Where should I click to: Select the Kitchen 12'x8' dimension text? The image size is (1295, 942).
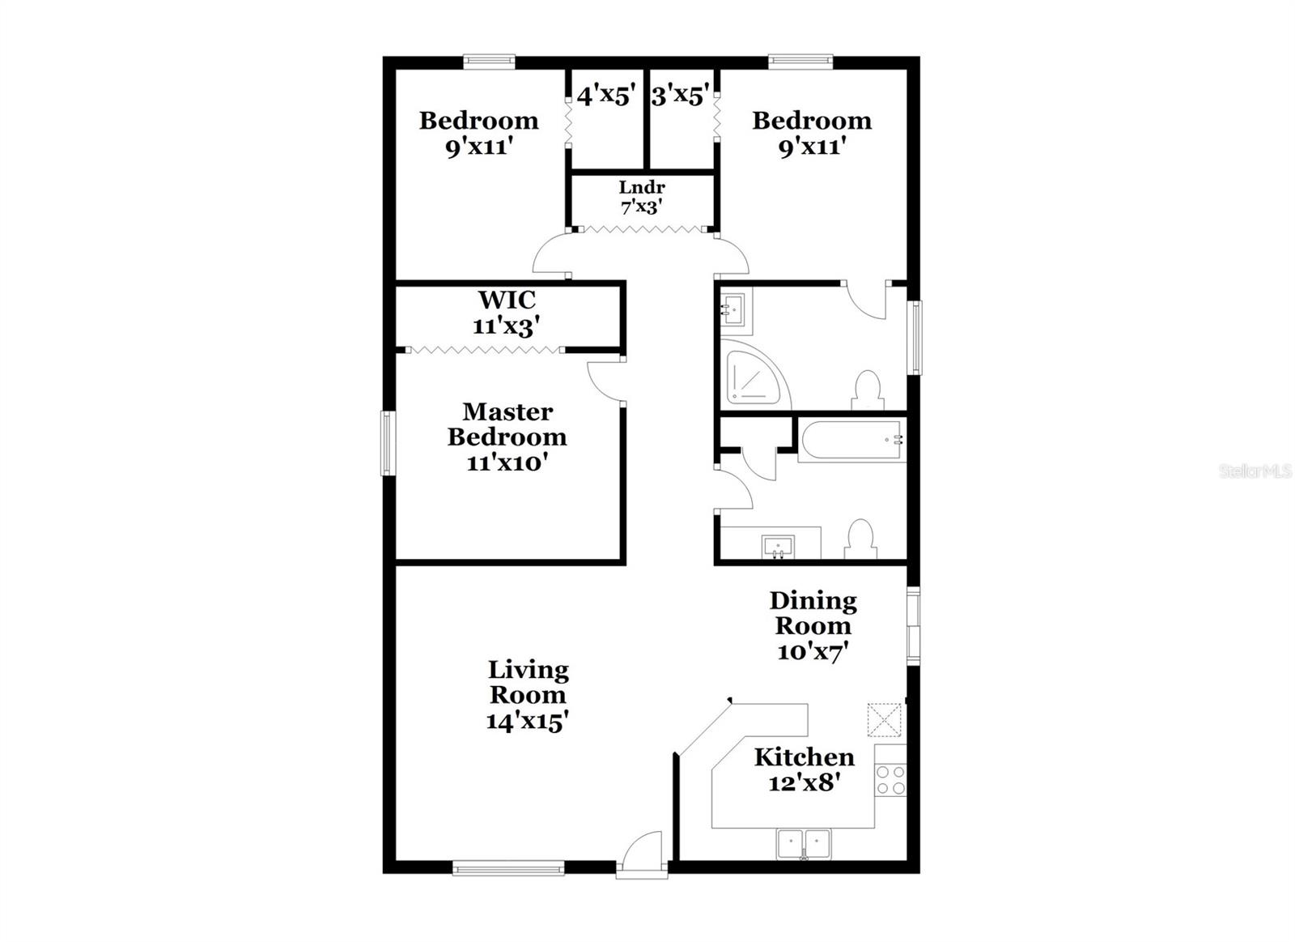click(x=804, y=782)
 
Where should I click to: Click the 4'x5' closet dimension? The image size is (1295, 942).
click(x=605, y=96)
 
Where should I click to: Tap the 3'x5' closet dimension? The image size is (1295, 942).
click(x=681, y=96)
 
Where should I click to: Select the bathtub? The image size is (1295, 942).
click(x=851, y=441)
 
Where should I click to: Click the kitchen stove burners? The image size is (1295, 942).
click(x=890, y=779)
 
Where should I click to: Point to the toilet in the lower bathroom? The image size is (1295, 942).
click(x=860, y=539)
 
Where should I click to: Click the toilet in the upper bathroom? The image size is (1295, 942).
click(x=868, y=390)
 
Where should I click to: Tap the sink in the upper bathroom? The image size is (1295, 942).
click(x=736, y=310)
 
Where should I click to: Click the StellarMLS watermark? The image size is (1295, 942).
click(x=1255, y=471)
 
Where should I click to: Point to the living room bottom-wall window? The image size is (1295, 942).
click(x=508, y=869)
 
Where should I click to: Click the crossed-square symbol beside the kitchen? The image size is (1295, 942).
click(x=885, y=720)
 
